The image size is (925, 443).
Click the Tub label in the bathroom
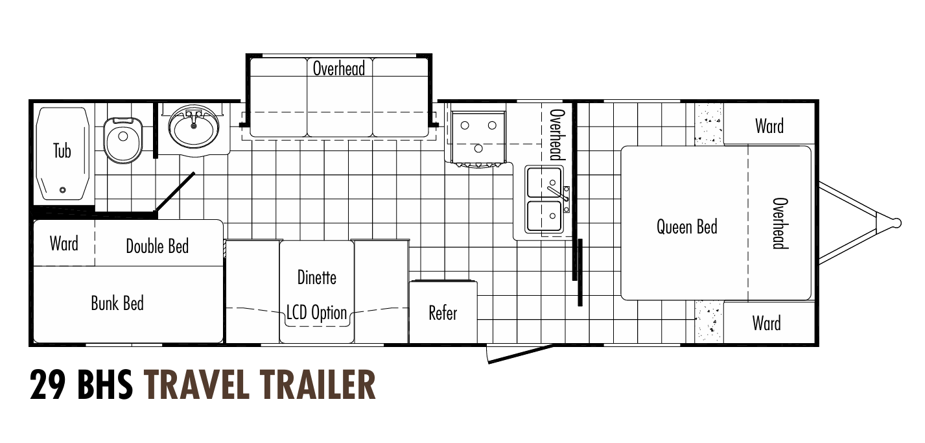coord(62,151)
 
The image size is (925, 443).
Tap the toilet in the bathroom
coord(123,139)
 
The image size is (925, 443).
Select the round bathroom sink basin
coord(194,129)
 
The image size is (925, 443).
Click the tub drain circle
coord(62,190)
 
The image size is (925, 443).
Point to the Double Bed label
coord(157,246)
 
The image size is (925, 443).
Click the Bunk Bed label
coord(117,303)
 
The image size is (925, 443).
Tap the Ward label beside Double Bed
coord(64,244)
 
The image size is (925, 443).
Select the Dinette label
coord(317,277)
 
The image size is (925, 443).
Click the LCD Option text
coord(317,313)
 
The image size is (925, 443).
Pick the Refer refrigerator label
coord(443,313)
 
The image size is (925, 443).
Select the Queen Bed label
coord(686,227)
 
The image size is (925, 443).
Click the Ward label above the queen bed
coord(769,126)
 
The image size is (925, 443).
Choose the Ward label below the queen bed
coord(766,322)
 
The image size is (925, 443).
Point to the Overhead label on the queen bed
coord(780,223)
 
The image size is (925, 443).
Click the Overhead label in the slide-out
coord(339,68)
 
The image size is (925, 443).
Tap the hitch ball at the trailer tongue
coord(896,222)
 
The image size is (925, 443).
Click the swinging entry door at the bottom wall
coord(519,354)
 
